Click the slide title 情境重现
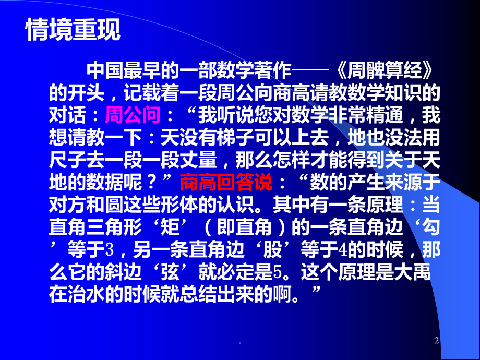[x=74, y=30]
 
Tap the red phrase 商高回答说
[x=225, y=183]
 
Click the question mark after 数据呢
[x=153, y=183]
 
